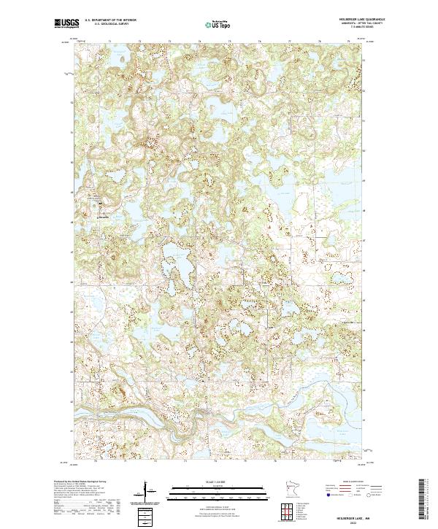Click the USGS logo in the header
click(65, 23)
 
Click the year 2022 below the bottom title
click(356, 520)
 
